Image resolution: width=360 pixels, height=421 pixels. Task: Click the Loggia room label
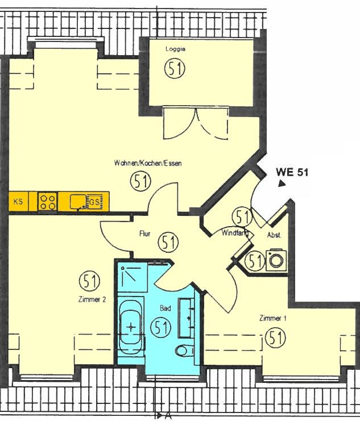175,49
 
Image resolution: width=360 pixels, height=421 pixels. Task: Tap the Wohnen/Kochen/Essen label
148,163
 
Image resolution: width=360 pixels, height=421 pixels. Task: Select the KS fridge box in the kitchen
18,202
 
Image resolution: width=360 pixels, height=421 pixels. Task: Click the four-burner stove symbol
47,202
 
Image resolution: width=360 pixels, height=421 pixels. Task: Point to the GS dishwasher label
94,202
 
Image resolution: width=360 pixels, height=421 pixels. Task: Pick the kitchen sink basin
78,202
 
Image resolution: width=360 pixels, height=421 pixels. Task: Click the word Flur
144,234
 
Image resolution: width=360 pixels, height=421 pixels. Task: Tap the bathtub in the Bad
131,327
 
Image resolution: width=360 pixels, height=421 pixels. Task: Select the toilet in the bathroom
185,351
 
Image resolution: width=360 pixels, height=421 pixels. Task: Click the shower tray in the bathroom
133,278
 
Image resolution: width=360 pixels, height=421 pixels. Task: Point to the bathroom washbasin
187,318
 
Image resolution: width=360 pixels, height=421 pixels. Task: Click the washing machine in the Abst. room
276,260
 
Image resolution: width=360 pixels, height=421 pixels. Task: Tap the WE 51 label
292,172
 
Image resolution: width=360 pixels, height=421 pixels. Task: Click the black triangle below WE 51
282,184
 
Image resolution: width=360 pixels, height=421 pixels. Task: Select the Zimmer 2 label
92,299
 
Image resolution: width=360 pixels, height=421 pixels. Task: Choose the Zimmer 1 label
272,318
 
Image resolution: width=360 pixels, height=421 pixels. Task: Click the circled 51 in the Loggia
175,69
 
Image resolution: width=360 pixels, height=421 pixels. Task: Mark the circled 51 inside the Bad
162,327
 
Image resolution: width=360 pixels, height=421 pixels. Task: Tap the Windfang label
234,233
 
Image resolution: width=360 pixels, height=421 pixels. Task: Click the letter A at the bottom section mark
168,416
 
